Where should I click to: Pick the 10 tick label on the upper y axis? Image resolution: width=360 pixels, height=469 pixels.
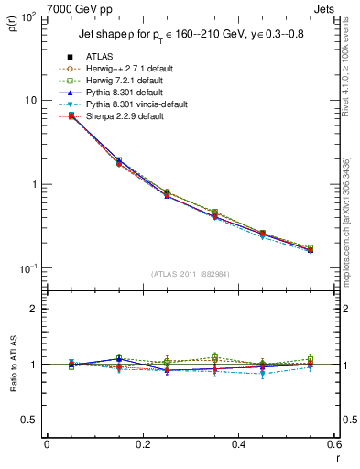(33, 100)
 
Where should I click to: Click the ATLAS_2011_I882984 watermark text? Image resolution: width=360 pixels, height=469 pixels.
(191, 274)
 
